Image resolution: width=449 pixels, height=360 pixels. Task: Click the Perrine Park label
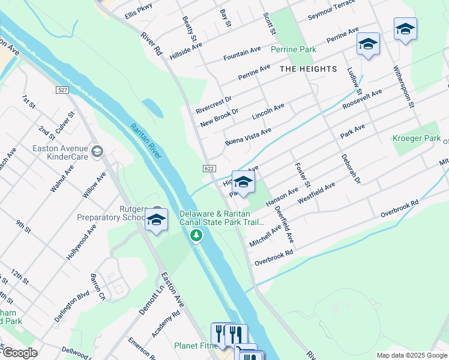(x=293, y=49)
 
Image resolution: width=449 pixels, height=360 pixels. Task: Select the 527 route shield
(x=62, y=90)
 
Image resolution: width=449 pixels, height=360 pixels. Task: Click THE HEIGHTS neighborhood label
(x=309, y=69)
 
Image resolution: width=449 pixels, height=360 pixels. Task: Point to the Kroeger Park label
(x=416, y=138)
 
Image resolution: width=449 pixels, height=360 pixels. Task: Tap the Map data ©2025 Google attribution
(x=412, y=355)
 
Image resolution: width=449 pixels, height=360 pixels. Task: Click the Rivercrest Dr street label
(x=213, y=103)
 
